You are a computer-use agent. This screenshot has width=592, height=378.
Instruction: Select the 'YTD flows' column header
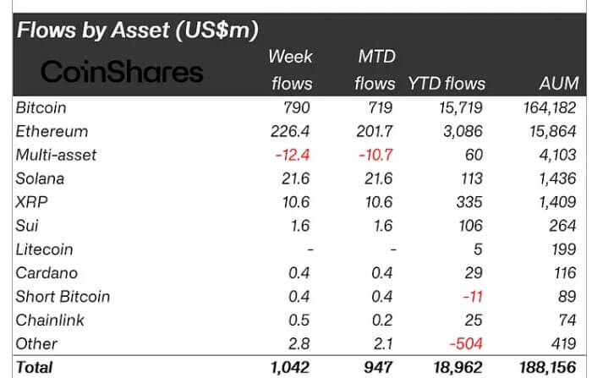[447, 84]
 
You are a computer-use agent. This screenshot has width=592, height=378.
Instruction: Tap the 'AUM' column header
[558, 84]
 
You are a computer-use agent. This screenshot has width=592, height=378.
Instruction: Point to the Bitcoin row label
[41, 108]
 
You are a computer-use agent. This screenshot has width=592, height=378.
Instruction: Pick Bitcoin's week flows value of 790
[298, 108]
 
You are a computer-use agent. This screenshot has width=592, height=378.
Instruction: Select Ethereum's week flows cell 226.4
[292, 132]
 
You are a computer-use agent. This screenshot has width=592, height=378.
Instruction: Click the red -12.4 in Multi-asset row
[292, 156]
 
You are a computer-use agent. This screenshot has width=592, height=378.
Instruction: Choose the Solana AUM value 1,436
[556, 179]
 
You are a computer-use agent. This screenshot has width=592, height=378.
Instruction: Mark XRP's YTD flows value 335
[473, 203]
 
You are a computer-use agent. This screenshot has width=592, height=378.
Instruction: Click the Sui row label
[27, 226]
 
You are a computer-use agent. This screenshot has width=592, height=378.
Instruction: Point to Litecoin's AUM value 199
[563, 249]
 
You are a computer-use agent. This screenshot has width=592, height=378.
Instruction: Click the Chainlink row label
[44, 320]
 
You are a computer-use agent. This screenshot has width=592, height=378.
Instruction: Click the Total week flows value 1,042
[290, 367]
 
